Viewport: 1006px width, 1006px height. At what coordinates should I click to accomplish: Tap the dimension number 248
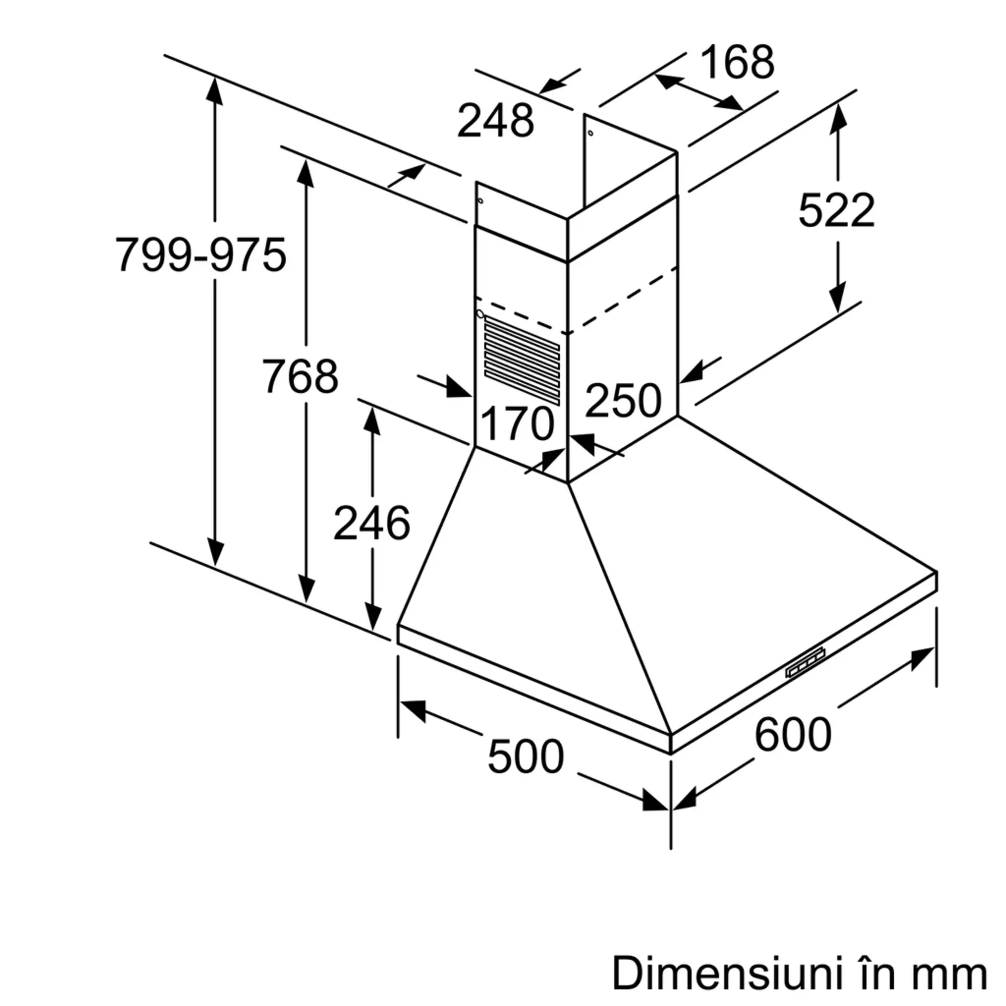(x=496, y=121)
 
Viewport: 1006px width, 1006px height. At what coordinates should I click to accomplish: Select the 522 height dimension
(x=836, y=210)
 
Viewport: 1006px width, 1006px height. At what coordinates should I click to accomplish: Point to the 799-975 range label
(x=201, y=255)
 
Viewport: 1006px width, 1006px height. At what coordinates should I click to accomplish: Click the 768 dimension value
(x=300, y=376)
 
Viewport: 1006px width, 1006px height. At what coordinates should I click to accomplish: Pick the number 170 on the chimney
(x=517, y=424)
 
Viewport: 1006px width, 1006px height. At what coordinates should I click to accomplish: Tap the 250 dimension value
(x=623, y=400)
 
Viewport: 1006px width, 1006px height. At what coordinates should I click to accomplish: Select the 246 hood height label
(x=372, y=523)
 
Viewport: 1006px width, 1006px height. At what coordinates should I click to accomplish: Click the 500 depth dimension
(x=526, y=756)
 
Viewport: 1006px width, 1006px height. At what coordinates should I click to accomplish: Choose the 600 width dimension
(x=793, y=734)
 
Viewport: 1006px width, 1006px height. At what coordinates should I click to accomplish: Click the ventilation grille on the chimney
(x=522, y=362)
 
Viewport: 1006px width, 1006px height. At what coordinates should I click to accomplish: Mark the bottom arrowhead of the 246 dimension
(x=372, y=617)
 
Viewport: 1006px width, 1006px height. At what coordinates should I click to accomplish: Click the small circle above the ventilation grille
(x=480, y=314)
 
